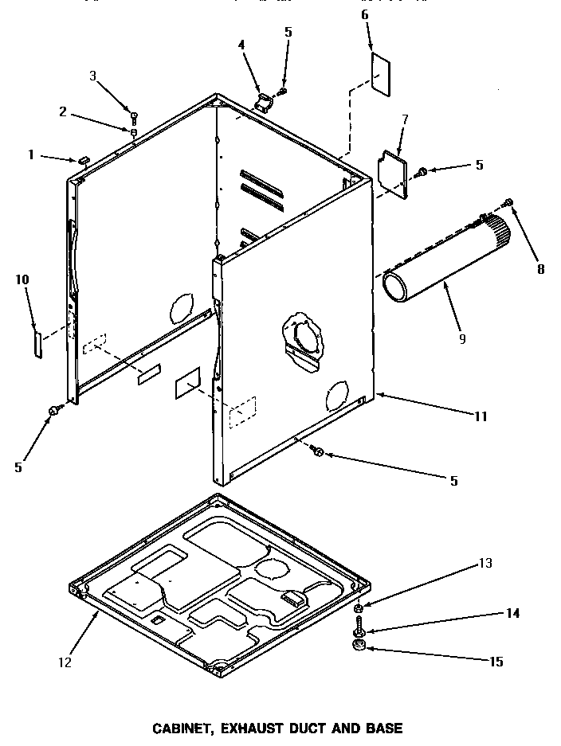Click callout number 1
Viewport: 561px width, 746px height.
(x=32, y=155)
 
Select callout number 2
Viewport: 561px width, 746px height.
(x=63, y=112)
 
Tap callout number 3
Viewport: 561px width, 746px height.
(x=92, y=76)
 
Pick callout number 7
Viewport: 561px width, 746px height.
(x=405, y=120)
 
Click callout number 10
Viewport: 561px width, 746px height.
(x=22, y=279)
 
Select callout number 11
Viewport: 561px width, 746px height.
(x=481, y=416)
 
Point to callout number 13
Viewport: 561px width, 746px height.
(x=486, y=564)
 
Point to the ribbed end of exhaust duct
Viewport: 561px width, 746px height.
(x=500, y=228)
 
